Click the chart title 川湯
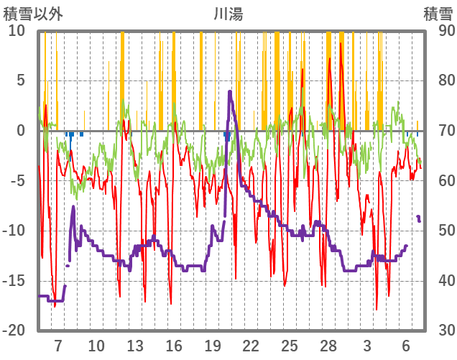228,13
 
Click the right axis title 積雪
438,13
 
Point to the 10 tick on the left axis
17,31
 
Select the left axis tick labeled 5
21,80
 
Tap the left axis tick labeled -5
18,180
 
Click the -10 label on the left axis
14,231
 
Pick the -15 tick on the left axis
14,280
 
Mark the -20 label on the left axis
14,330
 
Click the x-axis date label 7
57,344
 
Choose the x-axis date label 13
135,344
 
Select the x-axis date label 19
212,344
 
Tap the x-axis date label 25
290,344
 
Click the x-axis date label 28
328,344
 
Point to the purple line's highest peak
229,91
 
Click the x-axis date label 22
251,344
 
